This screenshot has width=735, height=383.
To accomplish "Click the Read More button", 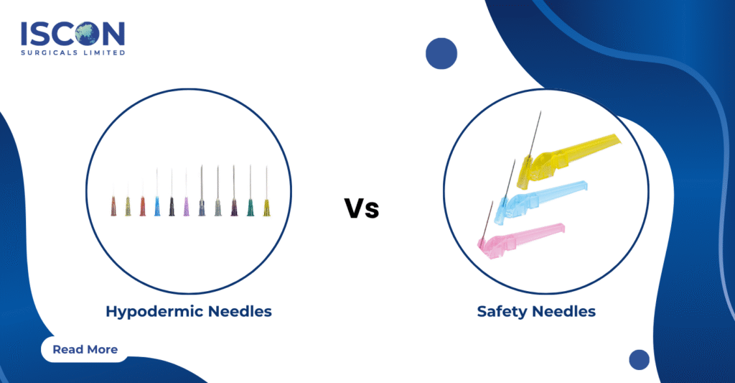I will click(x=85, y=349).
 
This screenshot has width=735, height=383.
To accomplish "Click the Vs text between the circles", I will click(x=361, y=209).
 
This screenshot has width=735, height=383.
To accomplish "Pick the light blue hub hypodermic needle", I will click(x=157, y=206).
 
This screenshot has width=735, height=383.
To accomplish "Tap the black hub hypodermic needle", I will click(x=172, y=206).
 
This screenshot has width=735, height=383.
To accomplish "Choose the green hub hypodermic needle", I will click(x=251, y=207).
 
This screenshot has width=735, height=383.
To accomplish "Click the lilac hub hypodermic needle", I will click(x=186, y=207).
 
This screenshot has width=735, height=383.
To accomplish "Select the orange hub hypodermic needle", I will click(x=142, y=207).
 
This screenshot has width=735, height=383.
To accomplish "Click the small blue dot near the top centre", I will click(x=441, y=54).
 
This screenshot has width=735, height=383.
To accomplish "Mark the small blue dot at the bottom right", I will click(x=639, y=359).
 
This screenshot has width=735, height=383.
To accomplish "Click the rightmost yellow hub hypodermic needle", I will click(x=266, y=207).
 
